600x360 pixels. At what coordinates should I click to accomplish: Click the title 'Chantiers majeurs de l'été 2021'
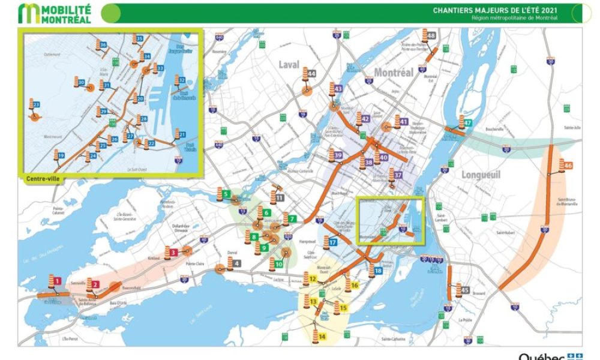point(495,10)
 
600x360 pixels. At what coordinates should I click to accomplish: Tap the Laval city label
point(288,64)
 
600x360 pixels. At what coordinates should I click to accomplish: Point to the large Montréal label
point(394,72)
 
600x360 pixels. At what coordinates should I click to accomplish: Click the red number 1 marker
point(58,280)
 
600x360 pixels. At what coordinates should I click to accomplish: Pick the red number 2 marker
point(96,285)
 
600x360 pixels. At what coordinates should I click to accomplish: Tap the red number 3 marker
point(173,253)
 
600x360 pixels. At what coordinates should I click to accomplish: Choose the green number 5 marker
point(226,194)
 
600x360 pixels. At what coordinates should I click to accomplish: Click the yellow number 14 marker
point(322,337)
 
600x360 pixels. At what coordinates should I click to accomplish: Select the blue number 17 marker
point(333,242)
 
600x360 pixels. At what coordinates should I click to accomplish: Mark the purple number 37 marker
point(398,175)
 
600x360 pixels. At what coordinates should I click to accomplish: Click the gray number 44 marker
point(312,74)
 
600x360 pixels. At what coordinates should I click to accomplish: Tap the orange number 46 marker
point(569,166)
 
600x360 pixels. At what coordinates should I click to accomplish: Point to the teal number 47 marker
point(468,123)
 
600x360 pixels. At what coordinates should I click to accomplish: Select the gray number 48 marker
point(431,35)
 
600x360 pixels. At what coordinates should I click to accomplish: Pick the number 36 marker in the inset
point(104,45)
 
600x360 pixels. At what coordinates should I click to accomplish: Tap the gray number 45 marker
point(465,290)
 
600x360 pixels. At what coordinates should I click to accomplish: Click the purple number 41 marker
point(404,121)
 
